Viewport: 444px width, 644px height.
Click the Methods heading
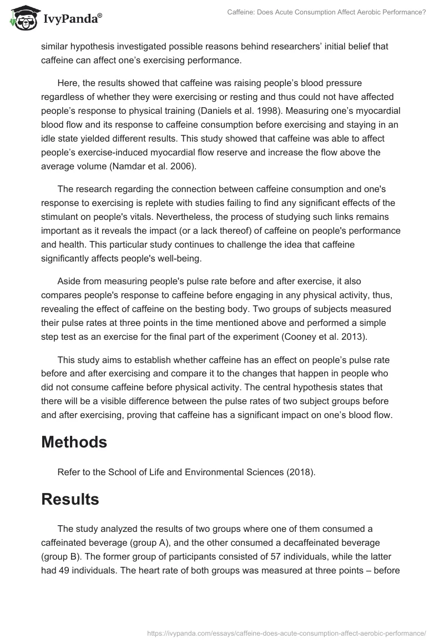point(74,442)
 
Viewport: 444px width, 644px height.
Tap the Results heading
point(70,499)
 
